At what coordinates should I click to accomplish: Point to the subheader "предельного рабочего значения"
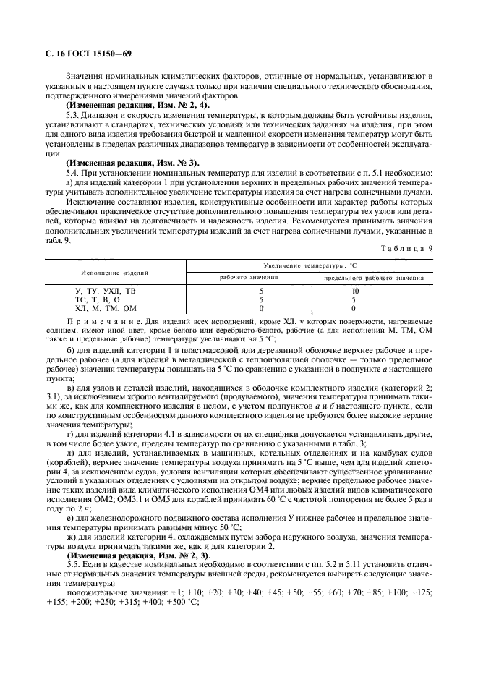click(x=373, y=278)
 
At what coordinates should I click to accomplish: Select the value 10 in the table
click(x=373, y=291)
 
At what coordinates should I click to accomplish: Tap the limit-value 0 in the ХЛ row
click(x=373, y=308)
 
